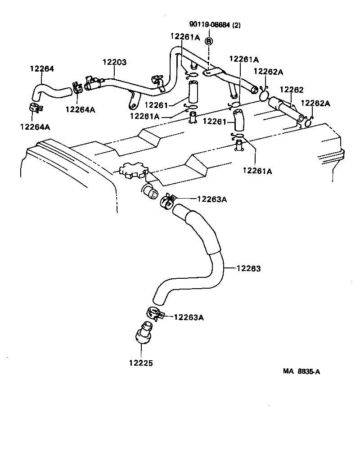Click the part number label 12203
click(x=115, y=62)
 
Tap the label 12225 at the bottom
click(x=140, y=362)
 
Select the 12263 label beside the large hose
click(x=248, y=268)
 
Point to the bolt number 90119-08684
click(x=209, y=25)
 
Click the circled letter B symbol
click(x=209, y=41)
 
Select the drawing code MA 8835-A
click(x=301, y=371)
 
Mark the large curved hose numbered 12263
click(x=211, y=261)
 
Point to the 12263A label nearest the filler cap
click(x=211, y=199)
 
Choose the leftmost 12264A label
click(x=35, y=127)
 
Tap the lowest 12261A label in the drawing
click(x=257, y=171)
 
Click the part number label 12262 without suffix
click(x=291, y=90)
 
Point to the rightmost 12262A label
click(x=315, y=103)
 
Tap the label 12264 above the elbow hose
click(x=42, y=69)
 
